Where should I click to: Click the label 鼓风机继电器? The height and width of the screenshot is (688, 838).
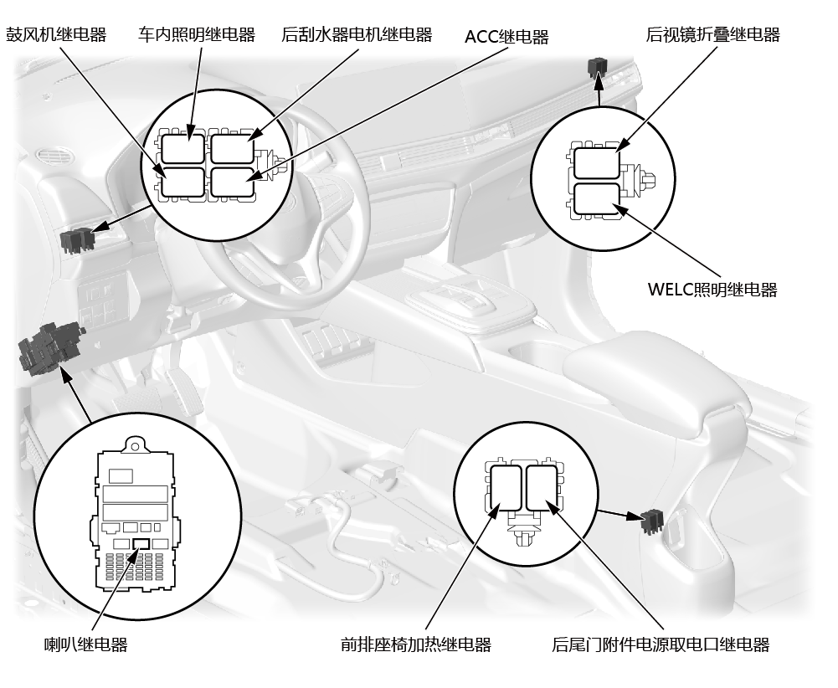click(56, 35)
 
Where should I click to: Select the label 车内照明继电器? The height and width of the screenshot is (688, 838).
click(197, 35)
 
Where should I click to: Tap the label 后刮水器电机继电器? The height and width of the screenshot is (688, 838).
click(357, 35)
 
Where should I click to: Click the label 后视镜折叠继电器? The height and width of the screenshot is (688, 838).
click(713, 35)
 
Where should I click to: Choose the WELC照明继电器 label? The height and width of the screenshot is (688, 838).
click(712, 290)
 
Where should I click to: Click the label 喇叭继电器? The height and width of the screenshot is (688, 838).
click(85, 644)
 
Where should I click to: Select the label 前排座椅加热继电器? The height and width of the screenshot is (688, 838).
click(416, 644)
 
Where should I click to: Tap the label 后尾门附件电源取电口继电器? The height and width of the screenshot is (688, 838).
click(661, 644)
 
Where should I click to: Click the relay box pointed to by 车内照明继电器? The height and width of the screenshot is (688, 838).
click(183, 148)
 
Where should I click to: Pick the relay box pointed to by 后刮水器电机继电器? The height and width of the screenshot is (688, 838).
click(230, 148)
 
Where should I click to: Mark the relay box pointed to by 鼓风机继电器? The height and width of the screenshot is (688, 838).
click(183, 181)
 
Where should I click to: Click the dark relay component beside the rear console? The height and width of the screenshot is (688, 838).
click(650, 521)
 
